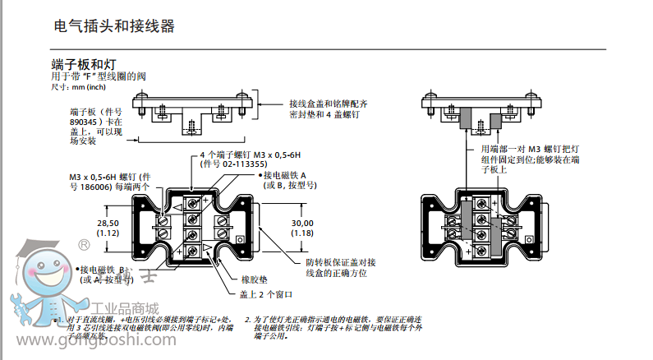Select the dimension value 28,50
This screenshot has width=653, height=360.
coord(108,223)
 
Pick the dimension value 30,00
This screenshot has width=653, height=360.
coord(303,223)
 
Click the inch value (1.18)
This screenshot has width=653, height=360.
coord(303,233)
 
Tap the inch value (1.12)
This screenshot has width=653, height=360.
coord(108,233)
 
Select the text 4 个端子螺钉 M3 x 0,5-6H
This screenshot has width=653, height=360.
coord(251,155)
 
